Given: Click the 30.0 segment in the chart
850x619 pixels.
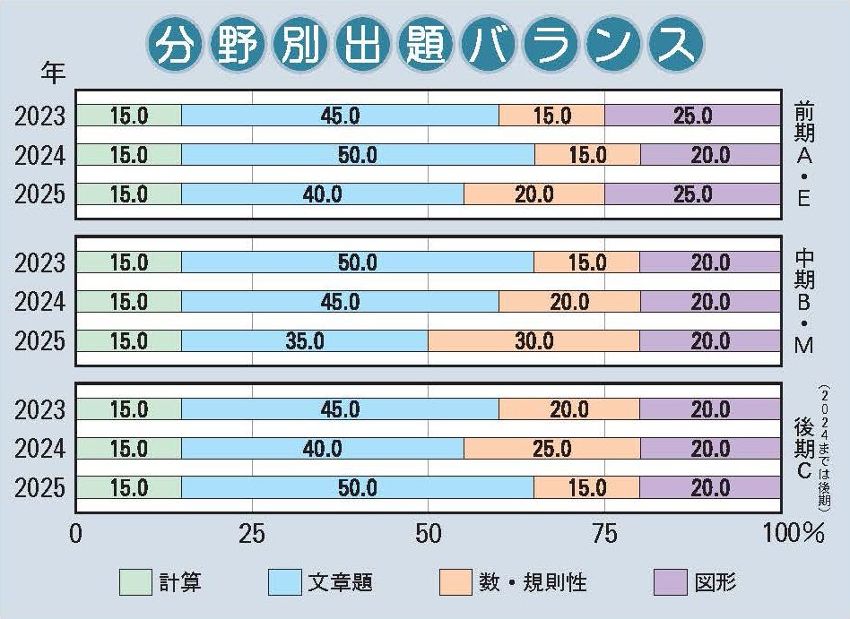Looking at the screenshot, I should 534,341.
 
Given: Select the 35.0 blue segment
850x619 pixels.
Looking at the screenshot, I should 305,341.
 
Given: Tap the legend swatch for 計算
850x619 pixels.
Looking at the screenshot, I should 136,582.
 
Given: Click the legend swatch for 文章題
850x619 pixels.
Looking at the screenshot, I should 284,582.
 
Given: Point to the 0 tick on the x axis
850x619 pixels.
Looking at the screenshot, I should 75,535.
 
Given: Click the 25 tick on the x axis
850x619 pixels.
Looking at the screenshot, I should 252,535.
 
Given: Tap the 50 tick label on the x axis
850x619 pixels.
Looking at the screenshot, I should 429,535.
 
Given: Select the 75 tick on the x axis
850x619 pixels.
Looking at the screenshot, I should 605,535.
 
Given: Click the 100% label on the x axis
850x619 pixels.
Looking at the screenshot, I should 794,535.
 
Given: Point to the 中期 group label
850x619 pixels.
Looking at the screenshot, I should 803,269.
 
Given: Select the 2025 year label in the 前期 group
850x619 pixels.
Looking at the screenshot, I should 41,194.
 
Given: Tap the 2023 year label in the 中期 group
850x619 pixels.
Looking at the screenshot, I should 41,262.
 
